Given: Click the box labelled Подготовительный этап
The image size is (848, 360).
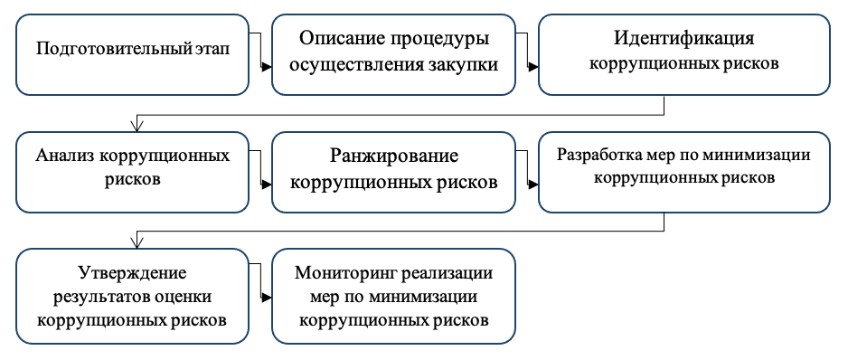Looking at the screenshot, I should coord(132,54).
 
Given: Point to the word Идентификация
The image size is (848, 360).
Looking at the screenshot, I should coord(683,41).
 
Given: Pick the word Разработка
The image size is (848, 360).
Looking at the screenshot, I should coord(597,155).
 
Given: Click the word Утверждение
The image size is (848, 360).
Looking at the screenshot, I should coord(131,273).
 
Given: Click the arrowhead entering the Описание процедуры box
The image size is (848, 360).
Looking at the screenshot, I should coord(267,66).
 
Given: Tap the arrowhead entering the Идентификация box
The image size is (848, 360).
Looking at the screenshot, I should coord(532,66).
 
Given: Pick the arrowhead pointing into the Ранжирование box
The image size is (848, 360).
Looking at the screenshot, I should coord(267,184).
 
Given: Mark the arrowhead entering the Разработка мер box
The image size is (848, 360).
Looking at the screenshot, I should coord(532,184).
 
